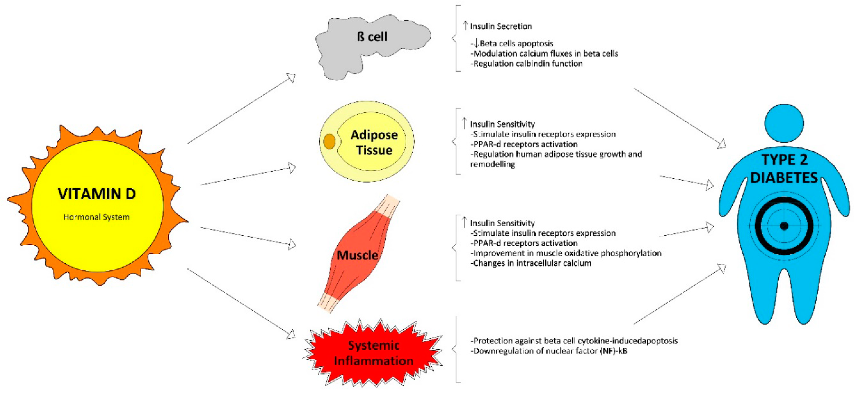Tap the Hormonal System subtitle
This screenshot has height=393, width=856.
[96, 217]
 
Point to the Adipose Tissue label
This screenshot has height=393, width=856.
[374, 142]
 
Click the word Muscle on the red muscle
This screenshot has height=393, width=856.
[357, 255]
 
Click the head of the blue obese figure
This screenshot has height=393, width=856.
[784, 123]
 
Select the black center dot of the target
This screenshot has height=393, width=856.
[784, 226]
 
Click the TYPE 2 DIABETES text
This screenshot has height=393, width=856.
[784, 169]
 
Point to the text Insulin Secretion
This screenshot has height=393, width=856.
[501, 26]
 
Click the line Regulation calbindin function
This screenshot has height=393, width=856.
[527, 64]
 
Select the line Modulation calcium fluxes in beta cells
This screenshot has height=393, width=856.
[545, 53]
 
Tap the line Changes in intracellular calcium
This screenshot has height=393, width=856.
[532, 263]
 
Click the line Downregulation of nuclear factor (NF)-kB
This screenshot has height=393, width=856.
[550, 351]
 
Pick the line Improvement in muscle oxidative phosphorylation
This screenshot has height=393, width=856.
[567, 253]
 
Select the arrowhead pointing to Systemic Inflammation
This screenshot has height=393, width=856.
[291, 334]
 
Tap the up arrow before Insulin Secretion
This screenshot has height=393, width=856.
[465, 26]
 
